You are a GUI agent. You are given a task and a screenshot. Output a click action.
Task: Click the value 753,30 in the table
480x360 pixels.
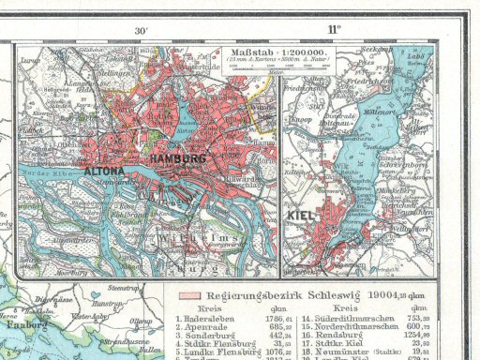coord(418,319)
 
